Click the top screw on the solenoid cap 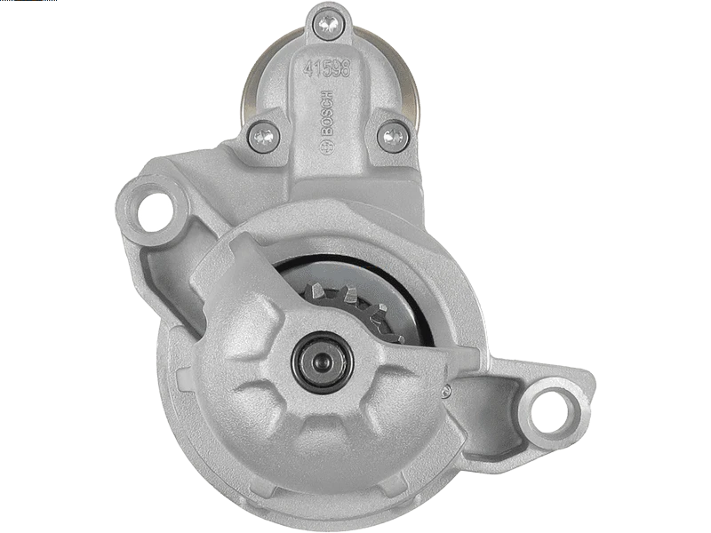coord(328,23)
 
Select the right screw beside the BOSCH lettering coord(393,135)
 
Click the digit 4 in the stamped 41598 coord(310,68)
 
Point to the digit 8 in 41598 coord(345,68)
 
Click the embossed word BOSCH coord(327,113)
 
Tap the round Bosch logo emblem coord(326,147)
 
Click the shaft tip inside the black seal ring coord(323,362)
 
